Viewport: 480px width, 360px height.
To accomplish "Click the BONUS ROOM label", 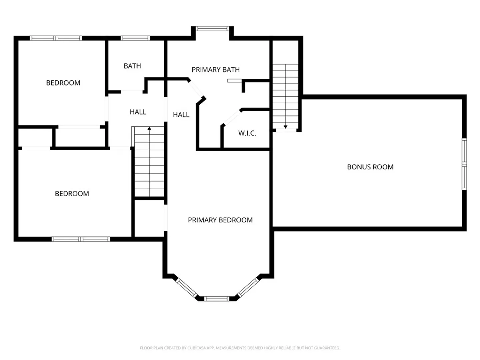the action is pyautogui.click(x=370, y=167).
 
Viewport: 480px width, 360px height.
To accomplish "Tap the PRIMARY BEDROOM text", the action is pyautogui.click(x=220, y=220).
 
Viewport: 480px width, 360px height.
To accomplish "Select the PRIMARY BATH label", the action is pyautogui.click(x=216, y=70).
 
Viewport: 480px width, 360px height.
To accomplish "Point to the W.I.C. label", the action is pyautogui.click(x=247, y=133).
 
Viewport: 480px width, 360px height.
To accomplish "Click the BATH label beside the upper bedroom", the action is pyautogui.click(x=132, y=66).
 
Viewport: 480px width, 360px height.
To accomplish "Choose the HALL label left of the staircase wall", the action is pyautogui.click(x=138, y=112).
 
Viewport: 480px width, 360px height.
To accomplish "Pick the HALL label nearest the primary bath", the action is pyautogui.click(x=181, y=115).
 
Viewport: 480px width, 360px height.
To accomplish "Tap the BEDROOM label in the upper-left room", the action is pyautogui.click(x=63, y=83).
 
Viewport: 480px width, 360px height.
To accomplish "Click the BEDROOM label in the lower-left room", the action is pyautogui.click(x=72, y=194).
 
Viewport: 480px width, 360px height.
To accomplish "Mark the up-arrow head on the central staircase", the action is pyautogui.click(x=149, y=128).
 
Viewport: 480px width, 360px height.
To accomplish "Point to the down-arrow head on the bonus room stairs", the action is pyautogui.click(x=285, y=127).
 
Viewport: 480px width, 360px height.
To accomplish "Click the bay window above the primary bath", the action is pyautogui.click(x=212, y=29).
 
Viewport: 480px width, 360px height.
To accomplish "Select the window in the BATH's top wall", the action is pyautogui.click(x=135, y=38).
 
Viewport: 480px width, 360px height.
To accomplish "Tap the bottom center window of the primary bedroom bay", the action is pyautogui.click(x=217, y=299).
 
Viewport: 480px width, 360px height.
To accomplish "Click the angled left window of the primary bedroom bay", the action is pyautogui.click(x=187, y=288).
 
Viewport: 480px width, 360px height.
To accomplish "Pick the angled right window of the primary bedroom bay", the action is pyautogui.click(x=248, y=287).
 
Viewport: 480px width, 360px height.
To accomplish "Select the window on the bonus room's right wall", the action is pyautogui.click(x=464, y=164).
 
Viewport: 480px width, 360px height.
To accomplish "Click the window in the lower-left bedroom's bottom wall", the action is pyautogui.click(x=81, y=239).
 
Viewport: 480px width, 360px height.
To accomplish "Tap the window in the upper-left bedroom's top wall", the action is pyautogui.click(x=56, y=38).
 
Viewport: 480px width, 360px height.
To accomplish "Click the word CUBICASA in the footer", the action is pyautogui.click(x=196, y=348).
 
